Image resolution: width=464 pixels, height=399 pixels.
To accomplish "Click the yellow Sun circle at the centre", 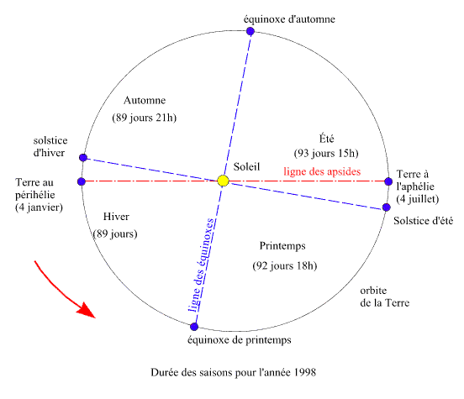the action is (x=223, y=181).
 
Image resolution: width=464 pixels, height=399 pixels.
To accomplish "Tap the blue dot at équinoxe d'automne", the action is (x=250, y=31).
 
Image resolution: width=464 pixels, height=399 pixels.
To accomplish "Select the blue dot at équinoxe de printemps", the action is (x=194, y=327).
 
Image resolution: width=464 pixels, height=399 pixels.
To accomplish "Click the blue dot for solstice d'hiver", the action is (x=83, y=157).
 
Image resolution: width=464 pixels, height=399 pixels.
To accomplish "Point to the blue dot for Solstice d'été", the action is (x=386, y=207).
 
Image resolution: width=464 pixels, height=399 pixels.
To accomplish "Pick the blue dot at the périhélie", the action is (x=82, y=181).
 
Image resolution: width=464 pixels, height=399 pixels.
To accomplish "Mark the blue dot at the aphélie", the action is (x=388, y=181).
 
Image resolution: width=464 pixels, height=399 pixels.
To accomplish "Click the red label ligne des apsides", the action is (x=322, y=171).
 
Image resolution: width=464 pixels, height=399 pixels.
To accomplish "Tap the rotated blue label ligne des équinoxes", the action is (x=201, y=265).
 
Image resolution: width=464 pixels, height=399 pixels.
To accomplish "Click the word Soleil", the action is (x=246, y=166).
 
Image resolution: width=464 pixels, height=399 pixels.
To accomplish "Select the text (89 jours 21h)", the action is (x=144, y=118).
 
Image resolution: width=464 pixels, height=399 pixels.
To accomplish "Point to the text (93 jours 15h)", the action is (x=326, y=153).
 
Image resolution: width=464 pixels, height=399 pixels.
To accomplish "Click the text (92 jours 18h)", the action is (x=285, y=265).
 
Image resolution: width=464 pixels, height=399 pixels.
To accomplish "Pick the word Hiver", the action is (x=116, y=217).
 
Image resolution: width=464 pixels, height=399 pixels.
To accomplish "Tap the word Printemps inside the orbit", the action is (x=282, y=246).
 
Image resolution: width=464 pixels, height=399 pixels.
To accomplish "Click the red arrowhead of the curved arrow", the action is (x=87, y=311).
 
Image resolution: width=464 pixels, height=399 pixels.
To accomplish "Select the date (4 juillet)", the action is (x=417, y=199).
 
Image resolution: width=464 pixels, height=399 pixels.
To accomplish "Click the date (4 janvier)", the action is (x=39, y=207).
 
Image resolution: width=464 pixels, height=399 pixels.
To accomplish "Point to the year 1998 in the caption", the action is (x=305, y=372).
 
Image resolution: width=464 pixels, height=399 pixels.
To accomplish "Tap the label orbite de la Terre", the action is (x=384, y=297).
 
